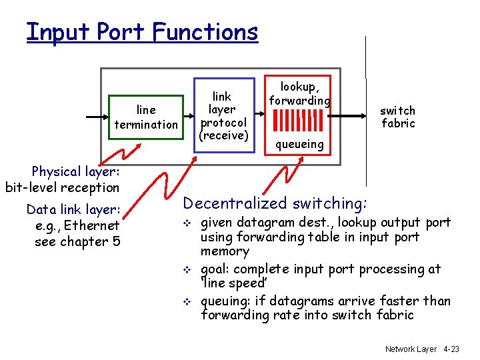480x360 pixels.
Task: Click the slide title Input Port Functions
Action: (142, 31)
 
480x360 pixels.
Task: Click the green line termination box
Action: (146, 117)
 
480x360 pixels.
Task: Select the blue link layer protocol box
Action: (223, 116)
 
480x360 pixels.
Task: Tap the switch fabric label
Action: (398, 117)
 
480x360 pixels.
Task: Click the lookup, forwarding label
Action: (299, 93)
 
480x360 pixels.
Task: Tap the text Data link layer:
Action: (73, 209)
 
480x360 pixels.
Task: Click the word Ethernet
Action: (93, 225)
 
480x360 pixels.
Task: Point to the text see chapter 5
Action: (77, 241)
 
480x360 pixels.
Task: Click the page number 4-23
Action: (451, 349)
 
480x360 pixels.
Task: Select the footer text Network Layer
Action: (410, 349)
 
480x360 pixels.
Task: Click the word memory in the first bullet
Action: (225, 252)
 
